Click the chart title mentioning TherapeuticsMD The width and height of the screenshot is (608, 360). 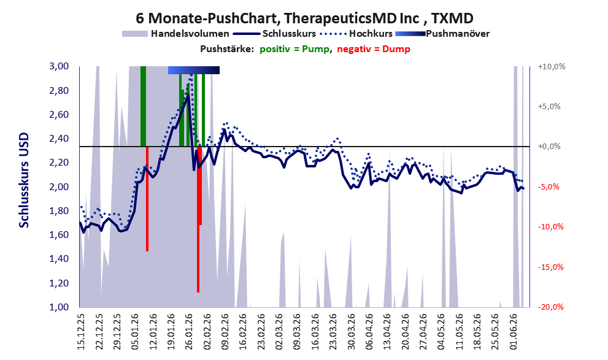coord(304,18)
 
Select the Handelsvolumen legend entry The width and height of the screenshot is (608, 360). coord(175,34)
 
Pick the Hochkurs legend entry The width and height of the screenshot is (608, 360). coord(356,34)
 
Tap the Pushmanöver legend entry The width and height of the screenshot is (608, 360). coord(442,34)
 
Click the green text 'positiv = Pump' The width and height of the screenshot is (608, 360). coord(295,49)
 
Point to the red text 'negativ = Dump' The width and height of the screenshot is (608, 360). coord(374,49)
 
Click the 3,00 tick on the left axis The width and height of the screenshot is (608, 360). coord(59,66)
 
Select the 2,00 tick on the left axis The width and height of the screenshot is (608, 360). coord(59,187)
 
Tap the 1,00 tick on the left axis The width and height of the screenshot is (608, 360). coord(59,307)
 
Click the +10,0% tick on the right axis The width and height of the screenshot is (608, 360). coord(552,67)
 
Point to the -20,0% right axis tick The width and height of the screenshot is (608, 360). coord(550,307)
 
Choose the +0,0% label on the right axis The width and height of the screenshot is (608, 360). coord(549,147)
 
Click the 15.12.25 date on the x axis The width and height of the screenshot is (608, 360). coord(80,332)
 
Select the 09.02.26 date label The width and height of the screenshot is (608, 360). coord(225,332)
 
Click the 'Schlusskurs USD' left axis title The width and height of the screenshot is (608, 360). coord(24,180)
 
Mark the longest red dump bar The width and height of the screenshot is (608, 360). coord(198,220)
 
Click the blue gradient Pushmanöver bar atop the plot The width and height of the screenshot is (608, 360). coord(194,70)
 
